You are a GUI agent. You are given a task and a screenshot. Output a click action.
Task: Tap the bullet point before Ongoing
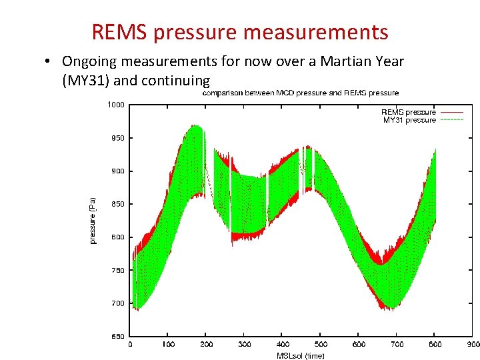[49, 62]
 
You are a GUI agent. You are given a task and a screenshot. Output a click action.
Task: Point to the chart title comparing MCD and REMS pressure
[301, 93]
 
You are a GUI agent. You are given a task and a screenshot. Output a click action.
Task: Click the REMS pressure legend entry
[408, 112]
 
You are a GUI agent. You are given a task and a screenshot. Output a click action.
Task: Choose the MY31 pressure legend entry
[409, 120]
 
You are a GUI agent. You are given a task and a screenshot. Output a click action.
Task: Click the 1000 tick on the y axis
[116, 105]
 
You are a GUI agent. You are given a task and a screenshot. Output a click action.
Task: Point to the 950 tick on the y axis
[118, 138]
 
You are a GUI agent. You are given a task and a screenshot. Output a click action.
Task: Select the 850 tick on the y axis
[118, 204]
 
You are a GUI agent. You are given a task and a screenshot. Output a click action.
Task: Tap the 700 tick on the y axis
[118, 303]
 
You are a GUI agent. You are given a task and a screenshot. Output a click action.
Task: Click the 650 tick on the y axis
[118, 336]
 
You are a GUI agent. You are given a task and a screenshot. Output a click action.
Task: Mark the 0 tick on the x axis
[130, 344]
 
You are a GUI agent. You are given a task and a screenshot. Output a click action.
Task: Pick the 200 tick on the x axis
[207, 344]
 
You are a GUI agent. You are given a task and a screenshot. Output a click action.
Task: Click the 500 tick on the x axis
[321, 344]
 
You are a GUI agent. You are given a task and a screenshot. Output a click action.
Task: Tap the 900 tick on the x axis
[473, 344]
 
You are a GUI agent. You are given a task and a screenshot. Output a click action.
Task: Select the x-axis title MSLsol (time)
[301, 355]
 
